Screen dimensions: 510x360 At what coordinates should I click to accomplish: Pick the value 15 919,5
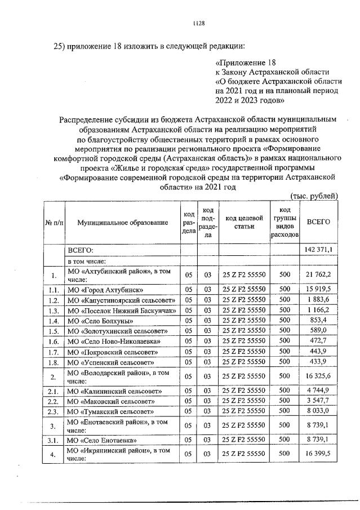coord(318,289)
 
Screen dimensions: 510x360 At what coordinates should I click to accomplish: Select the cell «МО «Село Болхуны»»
coord(97,320)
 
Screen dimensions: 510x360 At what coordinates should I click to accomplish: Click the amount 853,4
coord(318,320)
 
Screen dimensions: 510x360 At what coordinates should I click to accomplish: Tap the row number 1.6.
coord(54,342)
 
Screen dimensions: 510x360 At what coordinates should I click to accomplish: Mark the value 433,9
coord(318,362)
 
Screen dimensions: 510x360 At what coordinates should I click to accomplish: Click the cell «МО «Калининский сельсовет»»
coord(109,391)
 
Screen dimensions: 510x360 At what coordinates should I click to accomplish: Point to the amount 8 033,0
coord(318,412)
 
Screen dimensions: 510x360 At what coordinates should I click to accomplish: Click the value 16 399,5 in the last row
coord(318,454)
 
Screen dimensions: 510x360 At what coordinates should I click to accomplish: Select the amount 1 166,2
coord(318,310)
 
